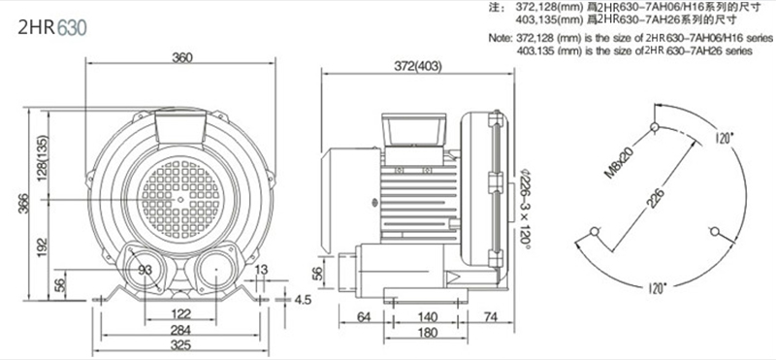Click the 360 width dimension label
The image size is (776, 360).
[182, 57]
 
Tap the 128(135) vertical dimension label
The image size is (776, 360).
[43, 157]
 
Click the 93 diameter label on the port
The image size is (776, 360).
[145, 270]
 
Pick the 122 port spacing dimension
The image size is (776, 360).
[181, 313]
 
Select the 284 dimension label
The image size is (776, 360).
[180, 329]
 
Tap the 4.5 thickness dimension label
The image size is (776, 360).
[303, 300]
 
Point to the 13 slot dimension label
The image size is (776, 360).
[261, 270]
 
